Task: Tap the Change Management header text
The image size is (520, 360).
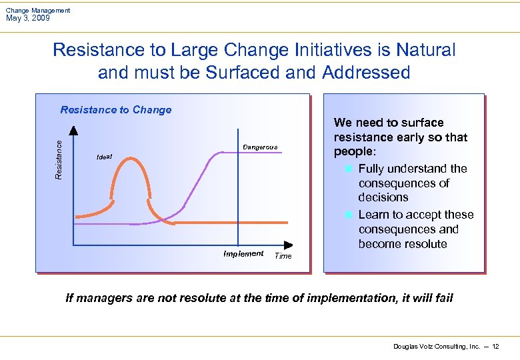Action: pos(38,10)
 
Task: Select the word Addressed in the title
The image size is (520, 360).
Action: pos(366,72)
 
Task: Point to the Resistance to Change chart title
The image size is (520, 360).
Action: pos(116,110)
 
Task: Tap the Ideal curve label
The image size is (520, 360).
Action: pos(104,157)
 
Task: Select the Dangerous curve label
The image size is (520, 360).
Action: pos(260,147)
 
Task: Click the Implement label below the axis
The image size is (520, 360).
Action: pos(243,254)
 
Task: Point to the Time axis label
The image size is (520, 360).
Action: pos(283,256)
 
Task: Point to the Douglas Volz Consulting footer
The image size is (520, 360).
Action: pos(437,347)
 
